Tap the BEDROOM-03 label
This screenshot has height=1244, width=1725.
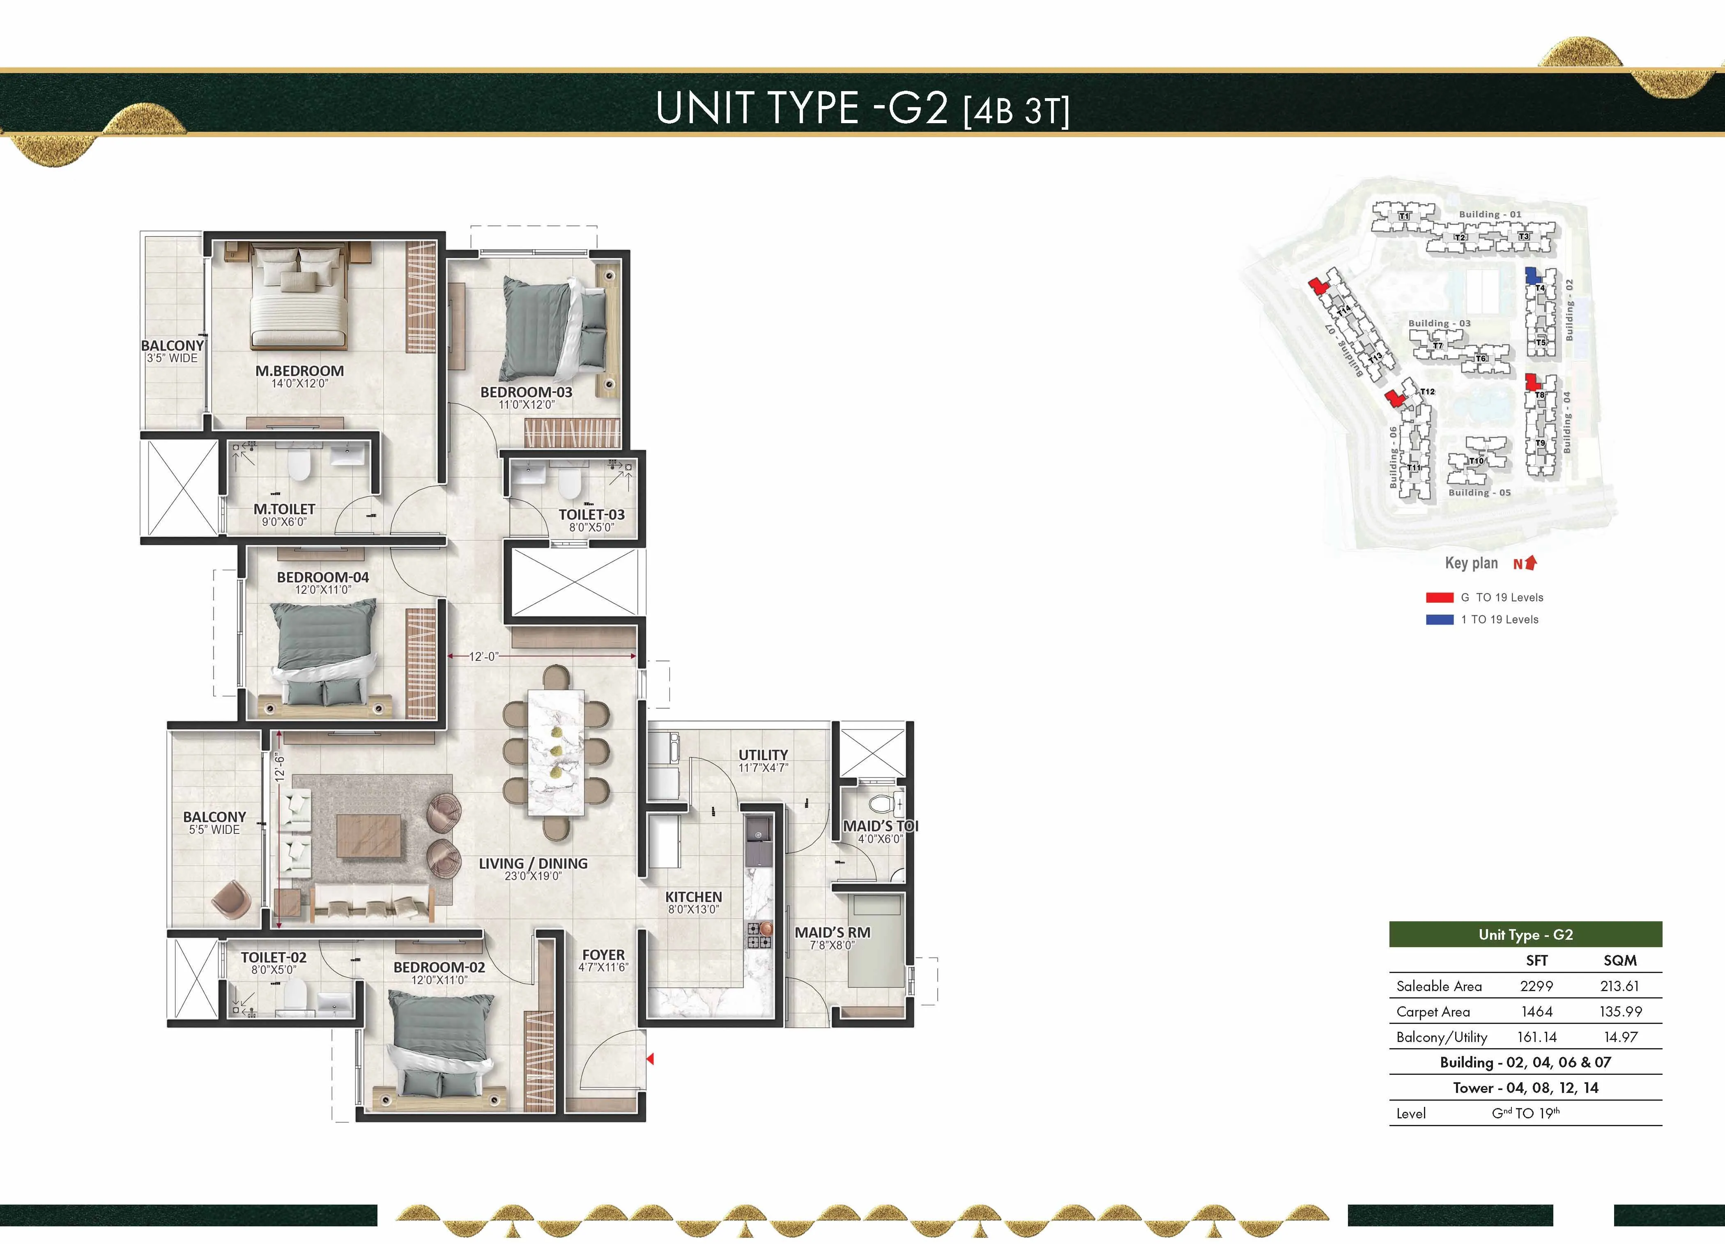click(x=526, y=392)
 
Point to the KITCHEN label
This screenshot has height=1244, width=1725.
click(x=693, y=897)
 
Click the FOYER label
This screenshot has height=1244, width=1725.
click(x=603, y=955)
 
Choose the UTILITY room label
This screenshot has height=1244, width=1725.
click(x=763, y=755)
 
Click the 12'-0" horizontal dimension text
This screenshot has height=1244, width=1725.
click(x=484, y=656)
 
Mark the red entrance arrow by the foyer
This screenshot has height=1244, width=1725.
click(x=650, y=1058)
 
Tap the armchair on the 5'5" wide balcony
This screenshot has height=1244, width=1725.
click(x=231, y=900)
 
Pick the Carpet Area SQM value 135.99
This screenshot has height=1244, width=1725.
click(x=1620, y=1011)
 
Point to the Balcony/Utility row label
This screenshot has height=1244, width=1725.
click(x=1441, y=1037)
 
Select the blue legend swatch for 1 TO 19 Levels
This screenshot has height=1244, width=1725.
click(x=1439, y=620)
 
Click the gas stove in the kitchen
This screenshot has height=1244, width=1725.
click(x=758, y=935)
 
